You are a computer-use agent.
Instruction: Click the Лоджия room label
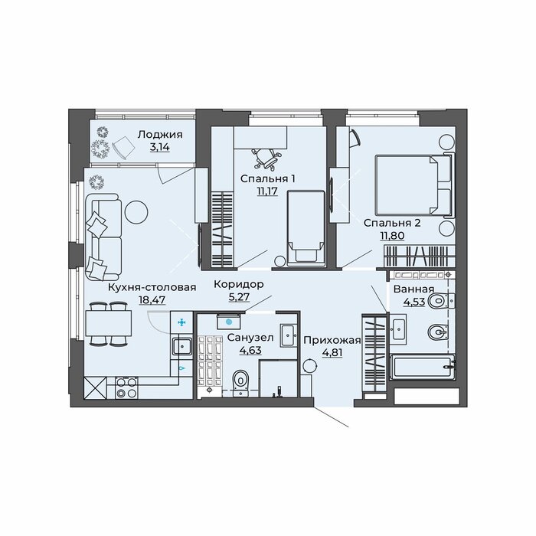(160, 135)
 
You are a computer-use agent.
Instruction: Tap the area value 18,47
(152, 300)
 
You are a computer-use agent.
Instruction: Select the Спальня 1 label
(268, 178)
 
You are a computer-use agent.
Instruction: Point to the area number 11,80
(392, 236)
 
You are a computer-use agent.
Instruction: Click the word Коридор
(239, 284)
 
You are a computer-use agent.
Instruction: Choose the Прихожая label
(332, 340)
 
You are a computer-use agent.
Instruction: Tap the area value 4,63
(250, 351)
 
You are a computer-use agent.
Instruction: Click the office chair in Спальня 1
(268, 159)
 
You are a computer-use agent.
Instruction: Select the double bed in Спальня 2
(415, 185)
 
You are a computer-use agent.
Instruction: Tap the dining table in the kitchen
(109, 323)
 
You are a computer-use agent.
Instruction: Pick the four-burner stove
(127, 388)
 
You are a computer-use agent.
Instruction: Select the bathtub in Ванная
(423, 367)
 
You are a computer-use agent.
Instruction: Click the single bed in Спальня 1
(306, 228)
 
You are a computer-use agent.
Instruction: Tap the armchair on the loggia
(123, 148)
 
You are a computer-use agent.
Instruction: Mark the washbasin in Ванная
(399, 328)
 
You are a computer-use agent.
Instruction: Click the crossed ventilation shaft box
(95, 388)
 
